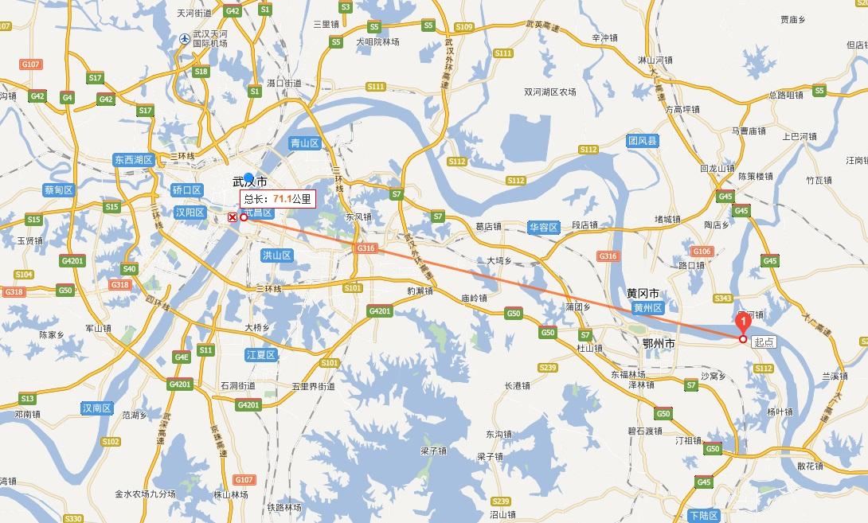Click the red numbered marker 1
click(743, 322)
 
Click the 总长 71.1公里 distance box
click(277, 199)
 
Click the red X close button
click(232, 217)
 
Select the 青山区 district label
click(304, 144)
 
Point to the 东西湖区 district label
click(133, 159)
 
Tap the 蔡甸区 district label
click(59, 190)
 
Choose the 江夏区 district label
click(260, 354)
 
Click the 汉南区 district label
click(97, 408)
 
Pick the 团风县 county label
click(643, 141)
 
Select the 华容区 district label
click(543, 227)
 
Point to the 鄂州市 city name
click(659, 343)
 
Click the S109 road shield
click(464, 27)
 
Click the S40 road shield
click(129, 269)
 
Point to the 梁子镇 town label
click(434, 451)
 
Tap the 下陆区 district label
click(704, 516)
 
